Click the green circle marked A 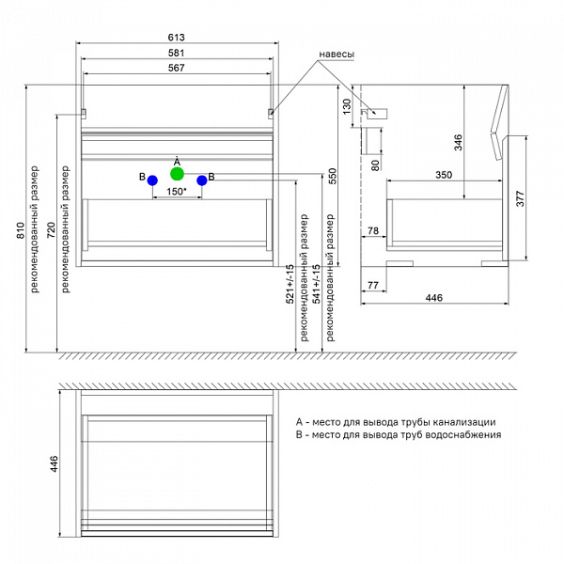pos(177,174)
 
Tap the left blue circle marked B pos(151,180)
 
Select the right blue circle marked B pos(201,180)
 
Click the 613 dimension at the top pos(177,37)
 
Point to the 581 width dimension pos(177,53)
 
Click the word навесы pos(337,55)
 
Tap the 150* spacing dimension pos(177,192)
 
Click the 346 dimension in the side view pos(459,142)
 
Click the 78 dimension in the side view pos(372,230)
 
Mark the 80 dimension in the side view pos(375,165)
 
